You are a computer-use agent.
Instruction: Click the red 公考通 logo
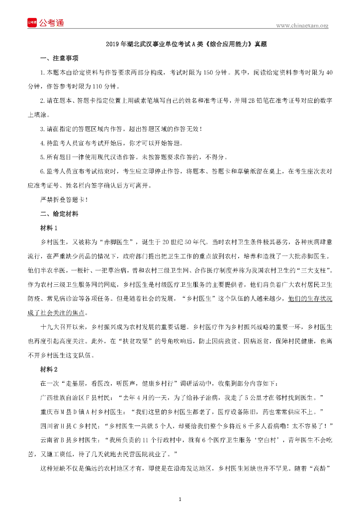point(45,23)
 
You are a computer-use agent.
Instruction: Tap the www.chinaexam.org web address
point(302,26)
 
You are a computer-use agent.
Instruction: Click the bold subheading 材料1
point(49,228)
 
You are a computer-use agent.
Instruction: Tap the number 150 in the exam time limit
point(208,73)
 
